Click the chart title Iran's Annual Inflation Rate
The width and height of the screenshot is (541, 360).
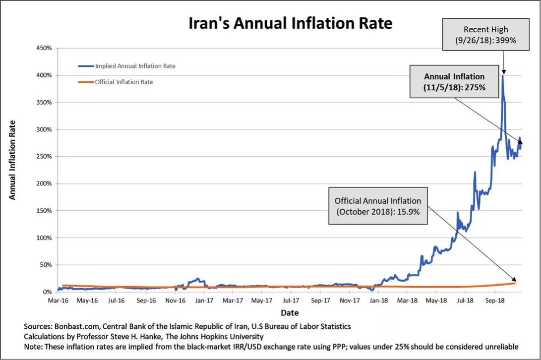point(290,23)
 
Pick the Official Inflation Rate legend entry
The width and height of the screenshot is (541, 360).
point(123,82)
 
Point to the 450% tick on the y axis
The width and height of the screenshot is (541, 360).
point(45,49)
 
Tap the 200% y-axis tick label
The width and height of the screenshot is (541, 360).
point(45,183)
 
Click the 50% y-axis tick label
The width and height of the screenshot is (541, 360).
point(46,265)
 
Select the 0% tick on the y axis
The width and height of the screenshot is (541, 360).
point(48,292)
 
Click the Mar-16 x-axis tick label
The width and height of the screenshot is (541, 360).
point(58,300)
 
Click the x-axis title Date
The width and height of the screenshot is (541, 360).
point(290,313)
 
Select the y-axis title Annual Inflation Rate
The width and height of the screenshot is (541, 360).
point(12,160)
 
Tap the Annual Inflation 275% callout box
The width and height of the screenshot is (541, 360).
point(454,82)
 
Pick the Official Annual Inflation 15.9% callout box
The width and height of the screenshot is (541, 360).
point(377,206)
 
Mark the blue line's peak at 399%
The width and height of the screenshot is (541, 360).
point(503,76)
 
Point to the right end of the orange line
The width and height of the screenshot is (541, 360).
point(515,283)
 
